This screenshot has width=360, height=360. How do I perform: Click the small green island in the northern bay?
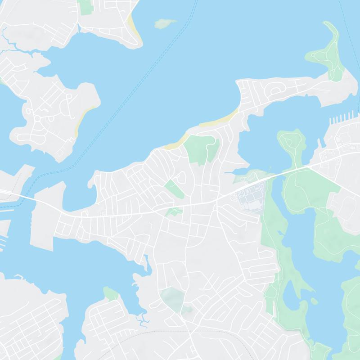coord(165,23)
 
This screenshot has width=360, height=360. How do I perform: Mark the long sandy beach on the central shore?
coord(220,120)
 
